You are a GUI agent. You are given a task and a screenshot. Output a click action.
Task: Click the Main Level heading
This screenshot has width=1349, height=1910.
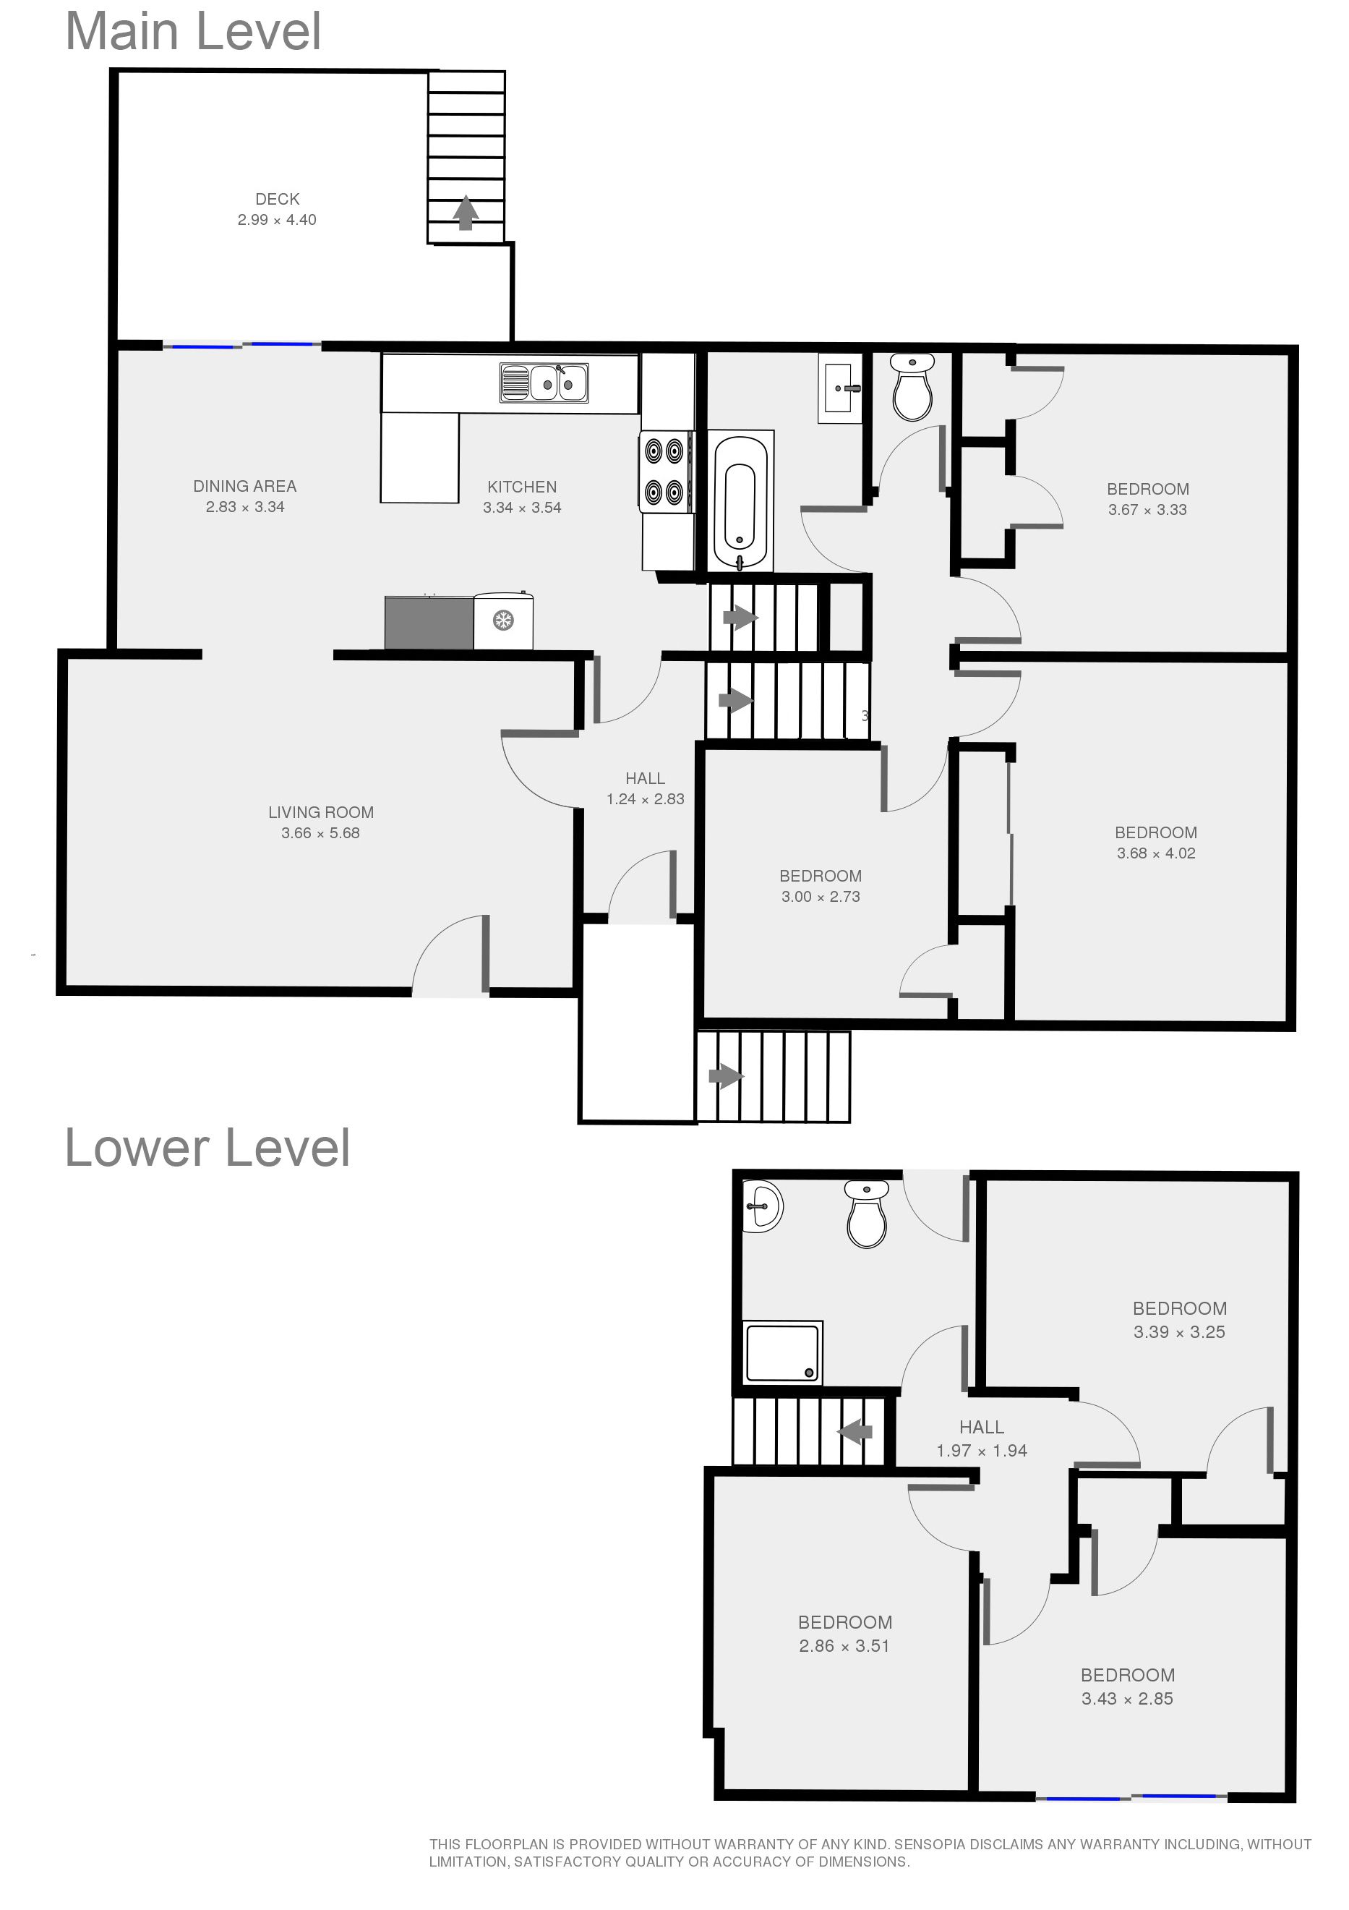193,32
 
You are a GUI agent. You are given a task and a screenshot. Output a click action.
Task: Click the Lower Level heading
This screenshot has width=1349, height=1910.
207,1149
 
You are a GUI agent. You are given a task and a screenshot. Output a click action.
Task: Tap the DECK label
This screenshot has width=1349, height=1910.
277,199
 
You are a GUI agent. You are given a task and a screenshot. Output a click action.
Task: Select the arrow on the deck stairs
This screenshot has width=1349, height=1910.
466,212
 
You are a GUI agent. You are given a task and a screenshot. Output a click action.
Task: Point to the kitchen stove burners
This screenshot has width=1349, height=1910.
665,471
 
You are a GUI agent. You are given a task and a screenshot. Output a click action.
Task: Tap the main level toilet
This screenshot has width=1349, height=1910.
912,387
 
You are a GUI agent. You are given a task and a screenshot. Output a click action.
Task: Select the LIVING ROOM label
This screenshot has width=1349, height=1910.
321,812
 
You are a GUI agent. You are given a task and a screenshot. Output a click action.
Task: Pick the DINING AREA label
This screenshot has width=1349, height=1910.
244,486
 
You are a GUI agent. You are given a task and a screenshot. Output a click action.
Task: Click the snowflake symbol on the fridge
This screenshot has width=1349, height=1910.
502,620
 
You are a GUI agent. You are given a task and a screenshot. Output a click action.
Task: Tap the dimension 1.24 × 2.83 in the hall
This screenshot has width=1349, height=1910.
646,798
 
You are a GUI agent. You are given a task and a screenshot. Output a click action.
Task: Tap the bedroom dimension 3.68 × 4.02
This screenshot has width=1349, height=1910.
1156,853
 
